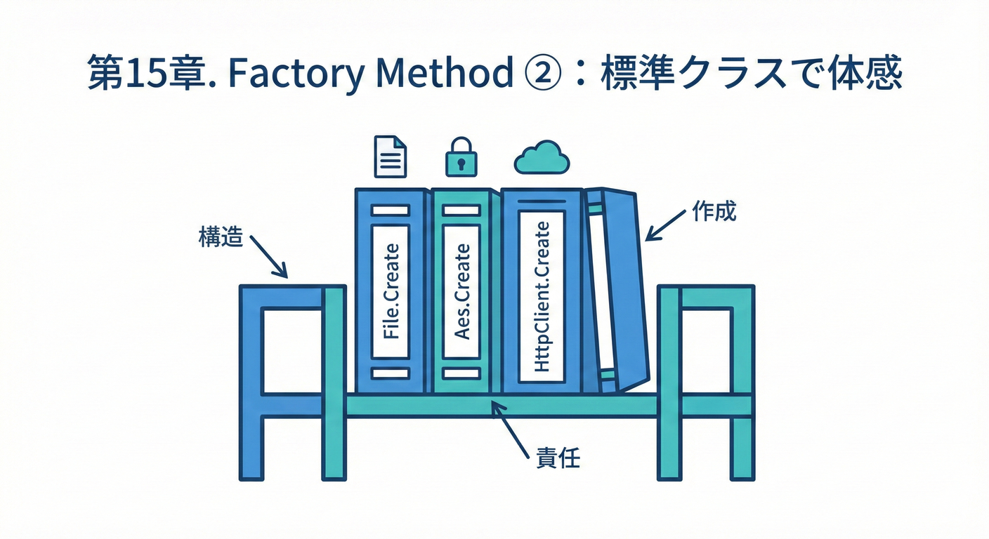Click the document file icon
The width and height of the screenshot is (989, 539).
pos(391,156)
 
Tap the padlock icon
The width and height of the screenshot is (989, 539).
pos(461,157)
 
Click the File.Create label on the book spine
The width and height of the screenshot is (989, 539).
pos(391,291)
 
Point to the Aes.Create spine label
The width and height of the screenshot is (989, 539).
pos(461,291)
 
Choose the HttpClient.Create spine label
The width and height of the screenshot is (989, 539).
pos(541,296)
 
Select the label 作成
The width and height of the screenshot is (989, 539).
pos(714,211)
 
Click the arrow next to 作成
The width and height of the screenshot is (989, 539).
pos(664,224)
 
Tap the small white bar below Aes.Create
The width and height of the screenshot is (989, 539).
pos(461,373)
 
